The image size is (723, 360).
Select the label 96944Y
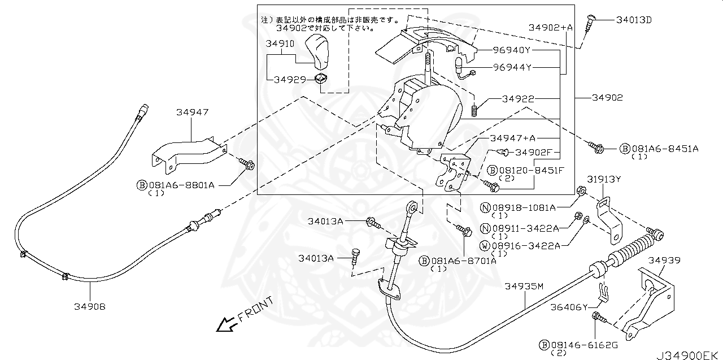512,68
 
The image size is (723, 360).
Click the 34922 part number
519,99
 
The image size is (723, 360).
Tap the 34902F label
533,153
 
